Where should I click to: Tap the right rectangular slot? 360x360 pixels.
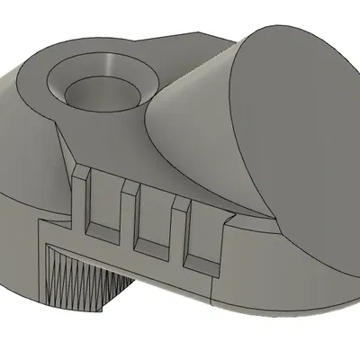pos(202,232)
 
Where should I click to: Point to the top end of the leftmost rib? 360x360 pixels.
pos(79,171)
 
